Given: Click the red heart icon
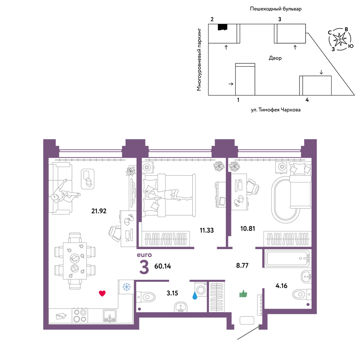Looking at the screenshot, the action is pos(102,293).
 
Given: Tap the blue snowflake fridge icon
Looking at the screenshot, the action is pos(126,287).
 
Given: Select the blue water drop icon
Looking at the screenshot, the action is pos(195,296).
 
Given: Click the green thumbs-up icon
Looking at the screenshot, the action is pos(243,294).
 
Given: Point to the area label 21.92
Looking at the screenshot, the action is pos(99,211).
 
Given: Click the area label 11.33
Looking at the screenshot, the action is pos(207,230).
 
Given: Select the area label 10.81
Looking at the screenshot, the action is pos(248,229).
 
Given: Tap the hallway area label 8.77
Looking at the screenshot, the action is pos(242,265).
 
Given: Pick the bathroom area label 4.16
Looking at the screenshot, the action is pos(281,286).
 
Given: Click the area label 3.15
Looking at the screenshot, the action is pos(172,293).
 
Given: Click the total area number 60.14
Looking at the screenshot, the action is pos(163,266).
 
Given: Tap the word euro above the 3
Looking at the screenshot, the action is pos(144,255).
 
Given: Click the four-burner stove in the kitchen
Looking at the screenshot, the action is pos(80,316).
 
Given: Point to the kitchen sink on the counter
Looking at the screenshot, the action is pos(110,315).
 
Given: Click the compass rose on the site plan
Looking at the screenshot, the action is pos(340,39).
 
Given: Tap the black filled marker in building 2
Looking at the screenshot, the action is pos(222,27).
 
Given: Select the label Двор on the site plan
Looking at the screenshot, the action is pos(275,58).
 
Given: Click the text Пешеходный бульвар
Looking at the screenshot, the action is pos(275,9).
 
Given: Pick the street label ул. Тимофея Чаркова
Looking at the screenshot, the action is pos(275,110).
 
